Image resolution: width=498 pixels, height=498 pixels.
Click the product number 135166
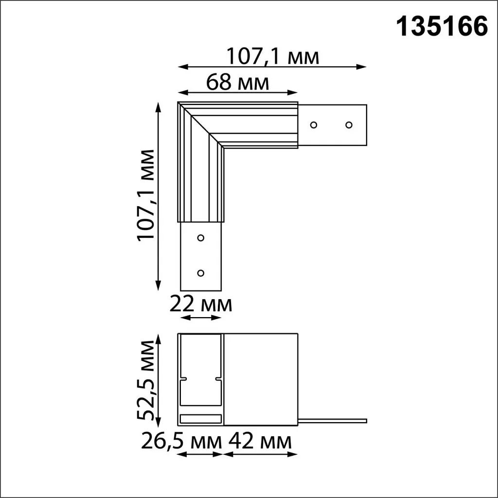click(x=443, y=27)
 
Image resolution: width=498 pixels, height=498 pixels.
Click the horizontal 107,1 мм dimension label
click(x=273, y=57)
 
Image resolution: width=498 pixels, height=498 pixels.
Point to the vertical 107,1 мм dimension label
click(x=146, y=195)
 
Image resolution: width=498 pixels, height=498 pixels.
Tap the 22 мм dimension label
click(x=201, y=305)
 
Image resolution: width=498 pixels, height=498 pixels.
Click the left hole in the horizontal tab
click(x=314, y=125)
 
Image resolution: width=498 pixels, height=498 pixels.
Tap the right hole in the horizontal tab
click(x=349, y=125)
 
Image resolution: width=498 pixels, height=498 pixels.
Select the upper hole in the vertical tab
click(x=200, y=238)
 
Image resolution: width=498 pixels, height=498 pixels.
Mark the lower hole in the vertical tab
click(x=200, y=273)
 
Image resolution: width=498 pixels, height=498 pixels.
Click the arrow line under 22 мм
click(x=201, y=318)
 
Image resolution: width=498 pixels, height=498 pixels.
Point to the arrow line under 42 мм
click(x=260, y=455)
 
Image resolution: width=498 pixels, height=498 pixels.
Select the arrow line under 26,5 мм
click(x=200, y=455)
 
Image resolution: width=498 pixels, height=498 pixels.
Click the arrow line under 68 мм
click(x=238, y=92)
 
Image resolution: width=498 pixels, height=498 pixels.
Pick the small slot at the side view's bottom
click(x=200, y=418)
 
